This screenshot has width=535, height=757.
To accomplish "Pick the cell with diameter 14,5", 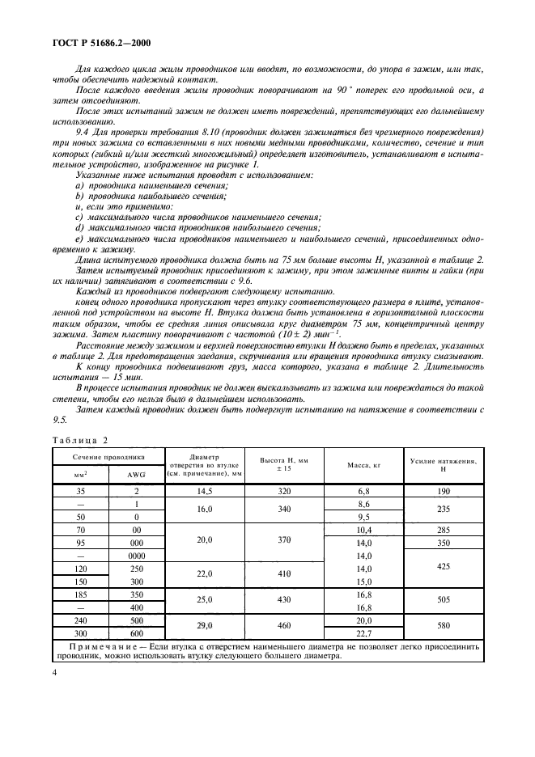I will click(x=205, y=491).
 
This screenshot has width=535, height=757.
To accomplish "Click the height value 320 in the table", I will click(x=284, y=491).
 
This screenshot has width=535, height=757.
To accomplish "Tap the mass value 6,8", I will click(x=363, y=491).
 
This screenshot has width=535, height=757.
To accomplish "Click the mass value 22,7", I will click(x=363, y=634).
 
